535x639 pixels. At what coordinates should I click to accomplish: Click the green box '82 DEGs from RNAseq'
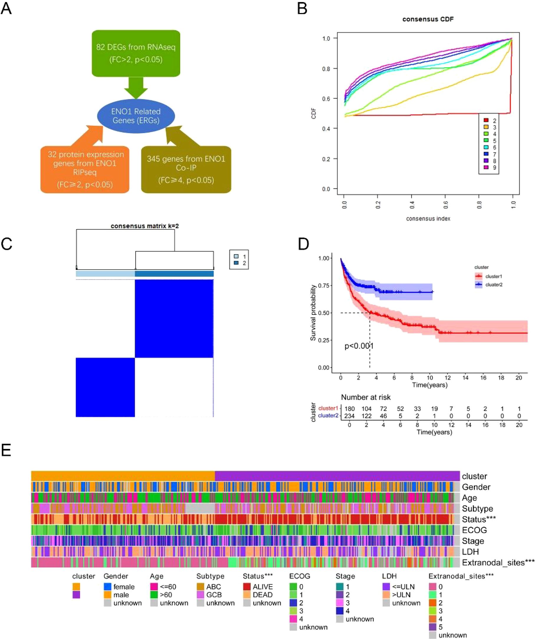136,53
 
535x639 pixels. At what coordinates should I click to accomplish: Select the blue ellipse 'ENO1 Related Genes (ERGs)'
136,116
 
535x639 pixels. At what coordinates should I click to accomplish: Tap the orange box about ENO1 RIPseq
85,169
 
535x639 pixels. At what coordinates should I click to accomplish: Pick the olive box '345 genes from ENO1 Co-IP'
186,169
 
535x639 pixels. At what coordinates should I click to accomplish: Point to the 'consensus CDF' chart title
428,19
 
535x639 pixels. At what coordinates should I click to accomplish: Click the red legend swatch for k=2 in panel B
486,120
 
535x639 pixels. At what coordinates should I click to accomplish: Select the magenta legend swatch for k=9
486,167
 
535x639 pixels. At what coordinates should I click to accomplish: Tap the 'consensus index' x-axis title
428,219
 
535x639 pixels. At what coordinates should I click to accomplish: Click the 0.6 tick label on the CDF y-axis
326,99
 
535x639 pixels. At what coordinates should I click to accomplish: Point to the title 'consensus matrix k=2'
145,226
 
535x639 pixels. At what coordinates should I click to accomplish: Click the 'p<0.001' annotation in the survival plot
359,346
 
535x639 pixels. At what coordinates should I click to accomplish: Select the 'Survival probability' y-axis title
313,312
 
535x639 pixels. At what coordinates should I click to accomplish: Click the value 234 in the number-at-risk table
349,416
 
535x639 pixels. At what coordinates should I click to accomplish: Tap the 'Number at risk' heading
366,397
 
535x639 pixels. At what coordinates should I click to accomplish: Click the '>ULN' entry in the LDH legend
401,595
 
